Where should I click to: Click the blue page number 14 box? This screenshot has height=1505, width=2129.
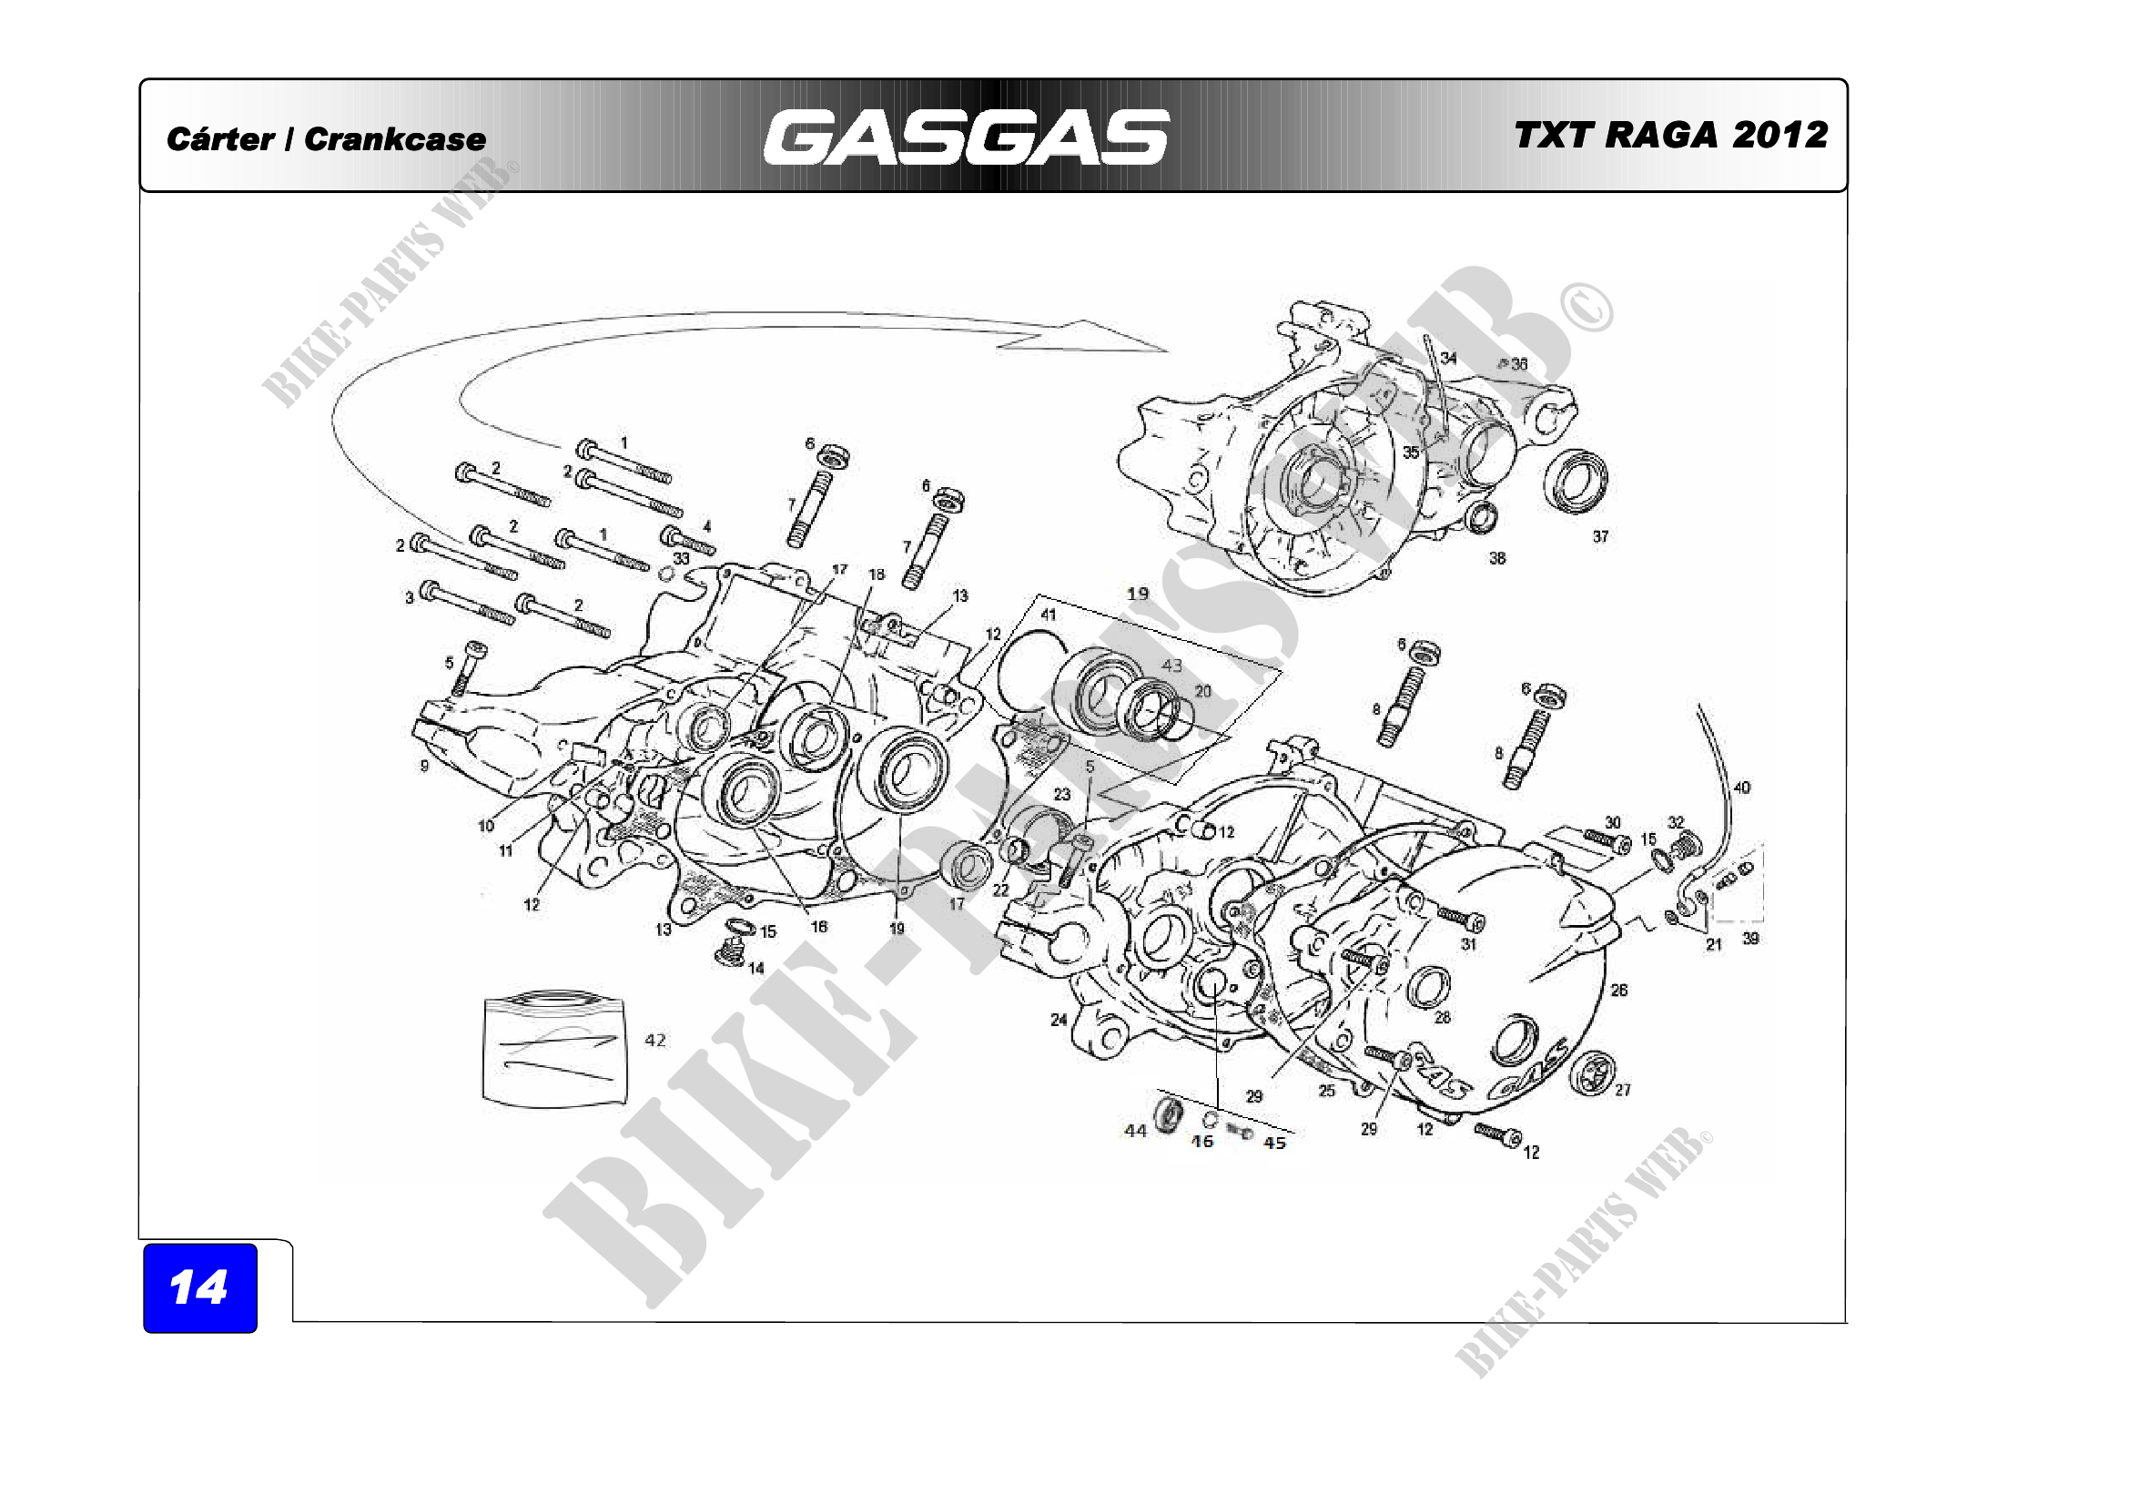[199, 1287]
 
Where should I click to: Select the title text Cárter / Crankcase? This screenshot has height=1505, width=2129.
[326, 139]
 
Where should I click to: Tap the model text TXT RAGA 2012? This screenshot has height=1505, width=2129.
[1671, 136]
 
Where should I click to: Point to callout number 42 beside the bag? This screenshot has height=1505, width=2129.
[654, 1041]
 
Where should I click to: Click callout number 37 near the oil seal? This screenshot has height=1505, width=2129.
[1600, 536]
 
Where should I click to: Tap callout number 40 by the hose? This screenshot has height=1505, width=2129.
[1741, 788]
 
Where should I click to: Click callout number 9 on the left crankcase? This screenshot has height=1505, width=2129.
[425, 766]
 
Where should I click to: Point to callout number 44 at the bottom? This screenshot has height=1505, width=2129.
[1135, 1131]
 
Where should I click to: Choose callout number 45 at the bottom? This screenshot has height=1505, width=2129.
[1275, 1144]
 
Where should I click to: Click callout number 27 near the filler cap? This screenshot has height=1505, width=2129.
[1623, 1090]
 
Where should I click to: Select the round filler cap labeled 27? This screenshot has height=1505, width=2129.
[1592, 1074]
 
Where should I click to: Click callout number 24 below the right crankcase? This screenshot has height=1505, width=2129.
[1059, 1020]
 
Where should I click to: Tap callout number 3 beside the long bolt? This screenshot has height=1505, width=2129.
[409, 598]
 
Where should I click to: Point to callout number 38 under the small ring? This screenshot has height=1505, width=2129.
[1497, 558]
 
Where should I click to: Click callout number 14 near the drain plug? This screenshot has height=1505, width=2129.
[755, 968]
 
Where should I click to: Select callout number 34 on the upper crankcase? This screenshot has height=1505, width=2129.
[1448, 358]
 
